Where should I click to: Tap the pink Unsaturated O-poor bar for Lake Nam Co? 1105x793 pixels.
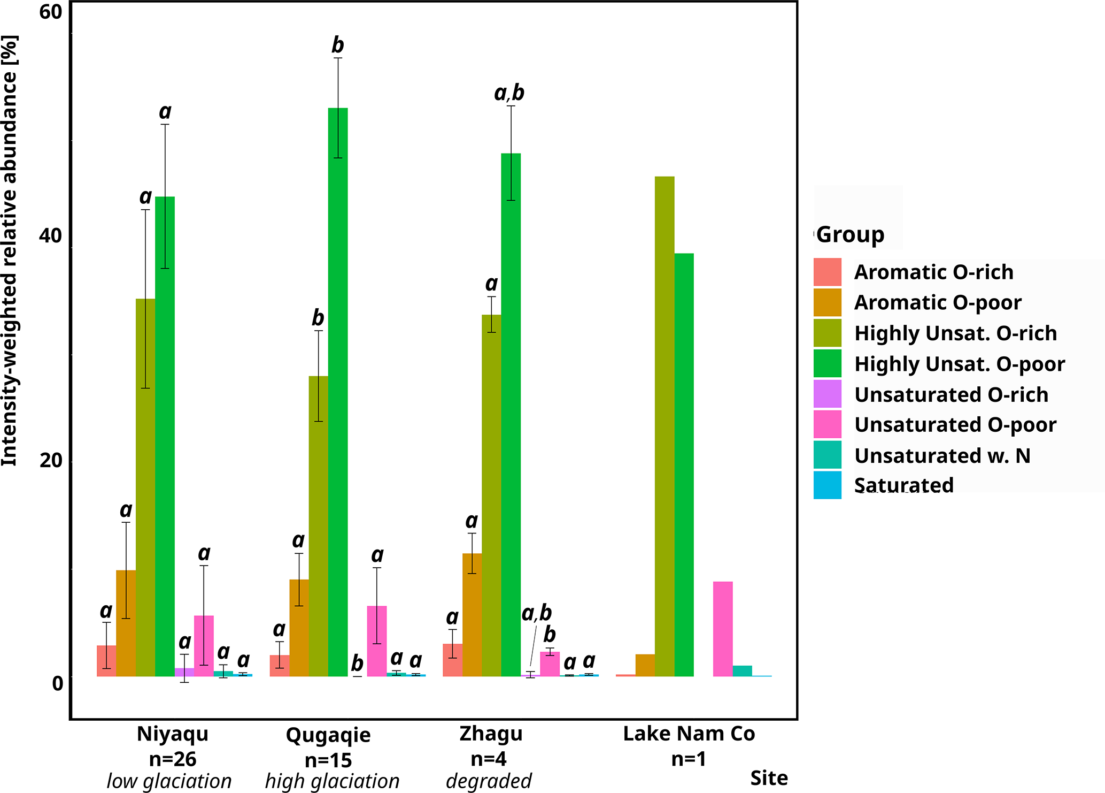[x=723, y=629]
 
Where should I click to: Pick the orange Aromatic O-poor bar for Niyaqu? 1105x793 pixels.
[x=126, y=623]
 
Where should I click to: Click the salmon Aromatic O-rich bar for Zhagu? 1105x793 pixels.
[x=453, y=660]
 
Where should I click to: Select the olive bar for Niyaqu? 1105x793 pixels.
[x=145, y=487]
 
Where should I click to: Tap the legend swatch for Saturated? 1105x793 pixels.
[x=828, y=485]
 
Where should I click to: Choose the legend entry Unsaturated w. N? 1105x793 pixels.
[x=942, y=455]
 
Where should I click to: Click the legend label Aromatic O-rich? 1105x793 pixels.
[x=933, y=272]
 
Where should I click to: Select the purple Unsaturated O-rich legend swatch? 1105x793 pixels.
[x=828, y=394]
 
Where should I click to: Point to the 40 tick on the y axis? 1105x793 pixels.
[x=51, y=235]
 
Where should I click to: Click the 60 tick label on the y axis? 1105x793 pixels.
[x=51, y=12]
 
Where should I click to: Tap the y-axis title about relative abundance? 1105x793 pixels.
[x=10, y=251]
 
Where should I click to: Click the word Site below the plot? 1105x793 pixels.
[x=769, y=778]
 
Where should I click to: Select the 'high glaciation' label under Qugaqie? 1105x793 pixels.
[x=332, y=781]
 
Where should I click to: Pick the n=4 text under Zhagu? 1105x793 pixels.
[x=489, y=759]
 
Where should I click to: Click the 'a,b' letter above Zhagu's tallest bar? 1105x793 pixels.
[x=509, y=93]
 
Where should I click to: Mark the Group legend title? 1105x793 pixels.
[x=851, y=234]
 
